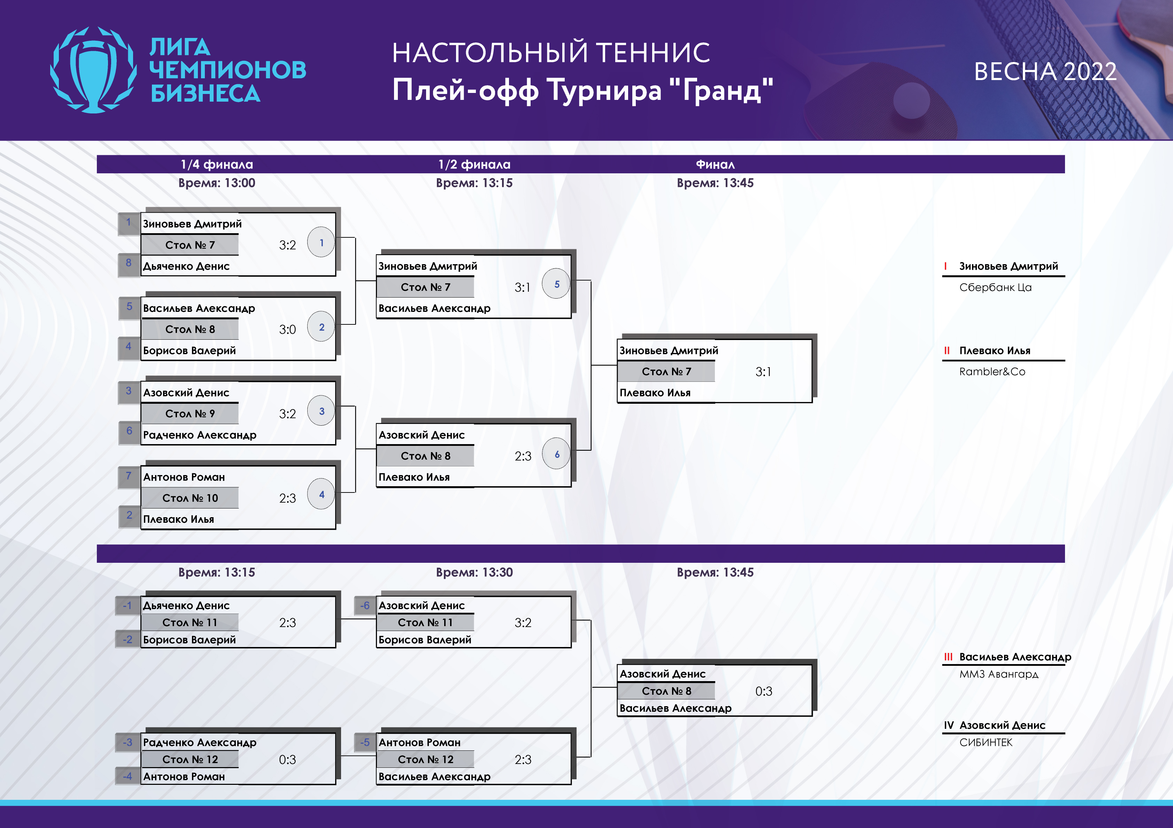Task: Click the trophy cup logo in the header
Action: [x=93, y=70]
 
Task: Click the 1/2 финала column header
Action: [x=474, y=164]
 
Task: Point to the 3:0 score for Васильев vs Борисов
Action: [x=287, y=330]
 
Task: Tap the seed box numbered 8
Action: [x=129, y=263]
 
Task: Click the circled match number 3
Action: [x=321, y=411]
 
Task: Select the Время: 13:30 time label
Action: [x=474, y=572]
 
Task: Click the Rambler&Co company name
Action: [x=992, y=372]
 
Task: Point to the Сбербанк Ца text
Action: [x=995, y=287]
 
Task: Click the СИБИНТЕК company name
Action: [x=986, y=742]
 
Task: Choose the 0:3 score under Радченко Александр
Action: [x=287, y=759]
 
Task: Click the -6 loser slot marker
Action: [x=365, y=606]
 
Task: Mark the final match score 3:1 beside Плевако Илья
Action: [x=763, y=372]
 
